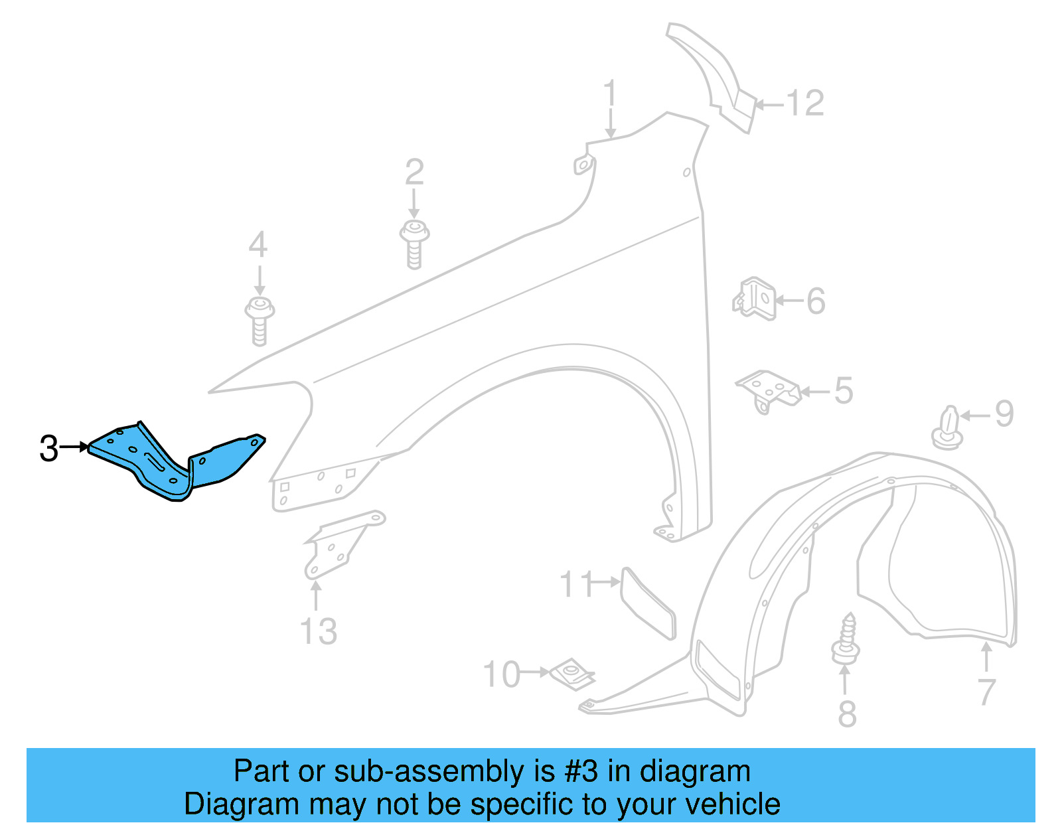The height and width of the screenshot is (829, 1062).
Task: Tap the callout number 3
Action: pyautogui.click(x=48, y=449)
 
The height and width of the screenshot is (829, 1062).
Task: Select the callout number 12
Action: pyautogui.click(x=805, y=104)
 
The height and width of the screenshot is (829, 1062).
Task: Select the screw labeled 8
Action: pyautogui.click(x=846, y=638)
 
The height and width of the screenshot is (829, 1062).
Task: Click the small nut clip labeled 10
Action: pyautogui.click(x=571, y=674)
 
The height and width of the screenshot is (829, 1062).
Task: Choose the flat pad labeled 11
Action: pyautogui.click(x=647, y=603)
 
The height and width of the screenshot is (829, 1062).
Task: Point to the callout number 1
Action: pyautogui.click(x=610, y=94)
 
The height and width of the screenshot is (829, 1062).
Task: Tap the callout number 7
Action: pyautogui.click(x=987, y=692)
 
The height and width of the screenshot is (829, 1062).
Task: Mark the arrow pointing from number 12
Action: pyautogui.click(x=769, y=104)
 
